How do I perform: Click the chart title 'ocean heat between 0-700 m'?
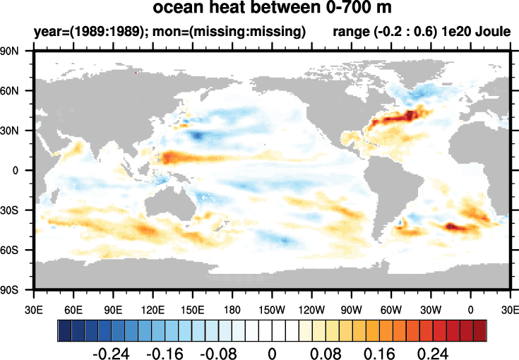pos(273,10)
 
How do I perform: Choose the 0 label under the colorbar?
pos(272,351)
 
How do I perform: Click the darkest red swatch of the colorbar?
pos(480,330)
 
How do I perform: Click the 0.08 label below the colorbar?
pos(326,351)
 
